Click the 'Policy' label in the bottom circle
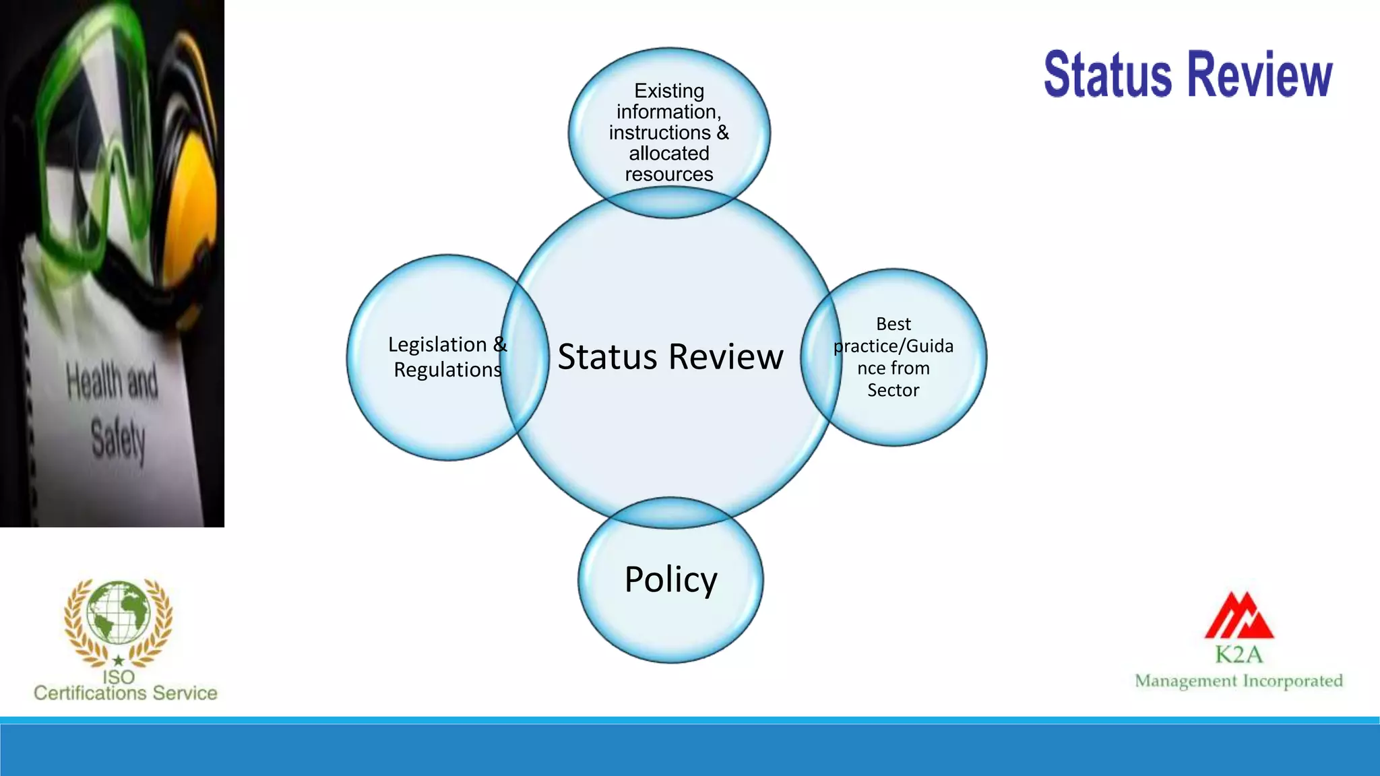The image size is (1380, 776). pyautogui.click(x=670, y=579)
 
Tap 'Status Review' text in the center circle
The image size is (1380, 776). pyautogui.click(x=670, y=356)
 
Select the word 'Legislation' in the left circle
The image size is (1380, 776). pyautogui.click(x=437, y=344)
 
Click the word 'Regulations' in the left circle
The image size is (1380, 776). pyautogui.click(x=447, y=370)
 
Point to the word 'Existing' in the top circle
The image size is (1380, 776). pyautogui.click(x=669, y=91)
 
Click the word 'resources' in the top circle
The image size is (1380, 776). pyautogui.click(x=669, y=174)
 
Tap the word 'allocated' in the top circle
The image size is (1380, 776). pyautogui.click(x=669, y=154)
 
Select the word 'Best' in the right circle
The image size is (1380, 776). pyautogui.click(x=893, y=324)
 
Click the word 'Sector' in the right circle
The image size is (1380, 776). pyautogui.click(x=893, y=390)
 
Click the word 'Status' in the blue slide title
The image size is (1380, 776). pyautogui.click(x=1108, y=75)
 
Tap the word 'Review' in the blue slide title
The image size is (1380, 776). pyautogui.click(x=1259, y=75)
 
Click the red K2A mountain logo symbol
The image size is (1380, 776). pyautogui.click(x=1239, y=616)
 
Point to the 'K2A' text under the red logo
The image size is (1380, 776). pyautogui.click(x=1239, y=654)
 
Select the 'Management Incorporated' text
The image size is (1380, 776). pyautogui.click(x=1238, y=681)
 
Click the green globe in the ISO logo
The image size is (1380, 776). pyautogui.click(x=119, y=613)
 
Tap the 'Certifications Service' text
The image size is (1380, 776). pyautogui.click(x=125, y=693)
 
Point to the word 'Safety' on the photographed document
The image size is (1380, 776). pyautogui.click(x=118, y=439)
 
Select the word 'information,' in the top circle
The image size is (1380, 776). pyautogui.click(x=669, y=112)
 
